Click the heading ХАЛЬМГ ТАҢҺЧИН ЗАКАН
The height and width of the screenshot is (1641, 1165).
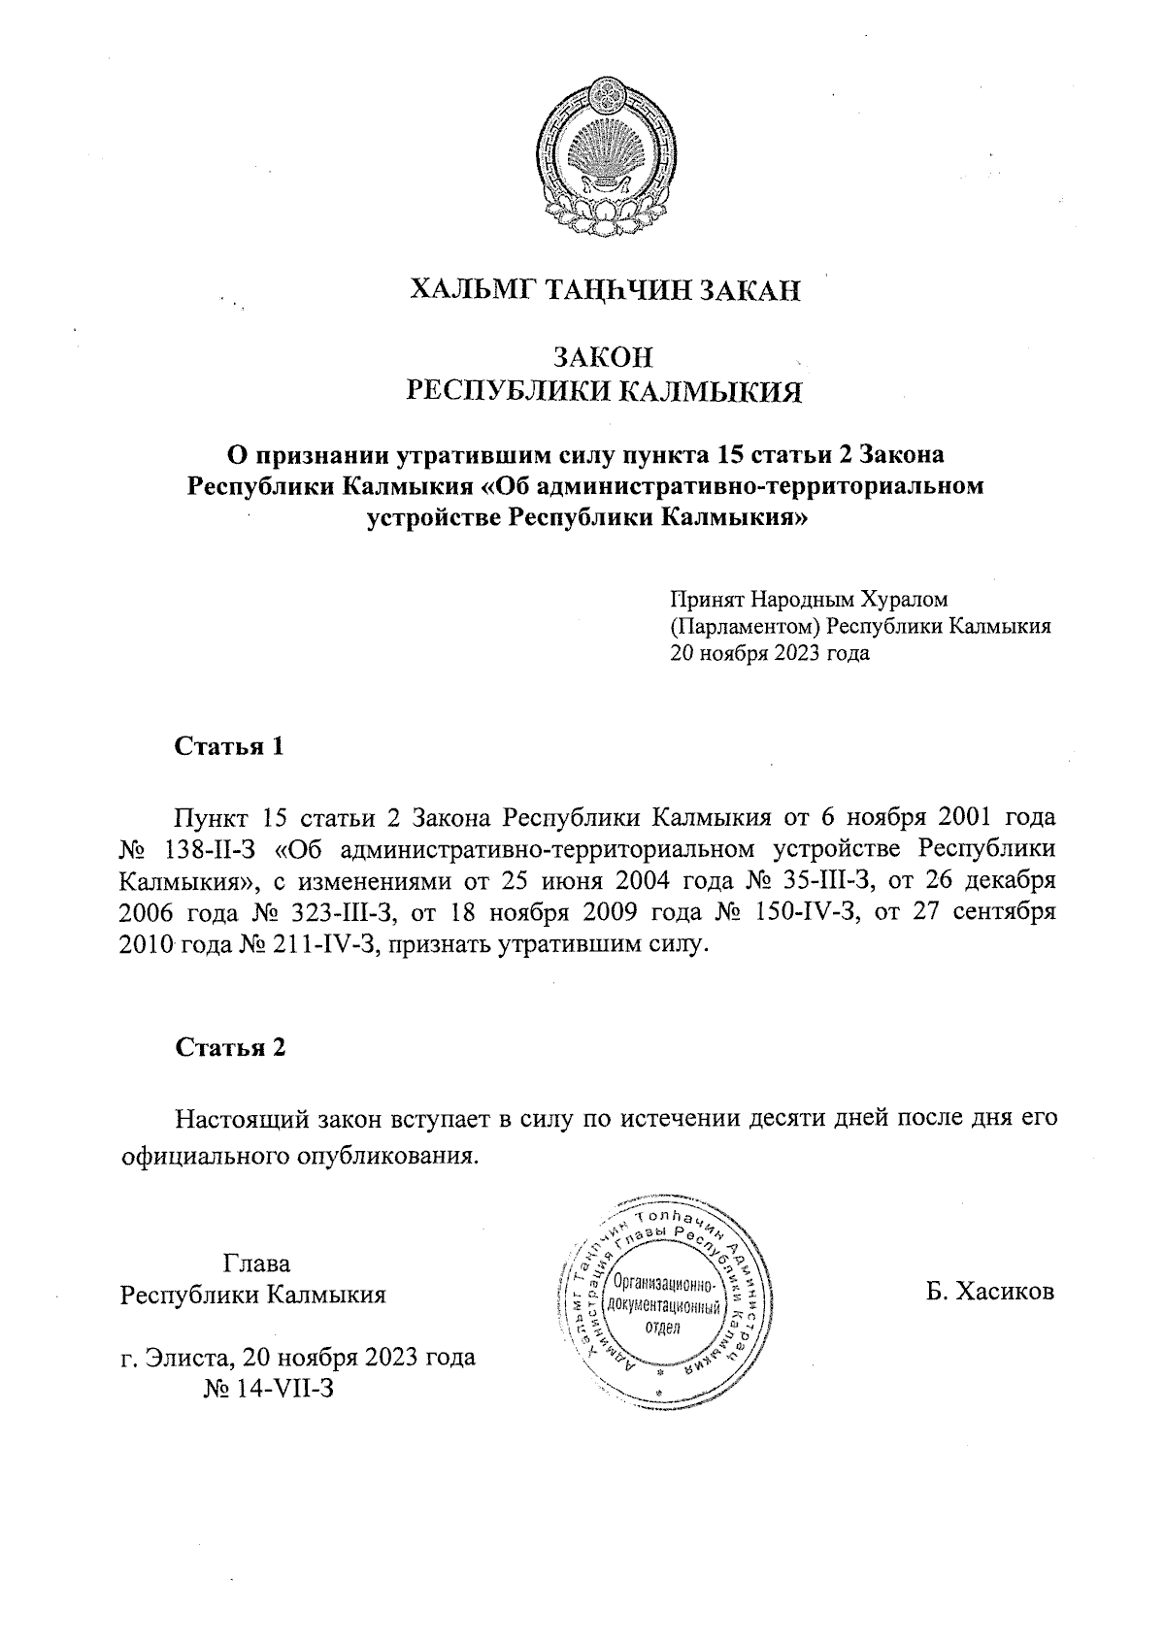(x=606, y=289)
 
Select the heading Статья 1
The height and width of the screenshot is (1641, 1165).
(x=230, y=746)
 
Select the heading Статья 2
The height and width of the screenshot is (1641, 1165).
(x=230, y=1047)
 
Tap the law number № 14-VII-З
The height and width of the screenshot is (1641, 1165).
(x=269, y=1388)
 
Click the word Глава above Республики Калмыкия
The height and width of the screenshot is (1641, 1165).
(x=257, y=1264)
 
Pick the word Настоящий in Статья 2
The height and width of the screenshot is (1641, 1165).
(x=241, y=1119)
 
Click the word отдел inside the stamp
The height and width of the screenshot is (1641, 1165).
(x=664, y=1327)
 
